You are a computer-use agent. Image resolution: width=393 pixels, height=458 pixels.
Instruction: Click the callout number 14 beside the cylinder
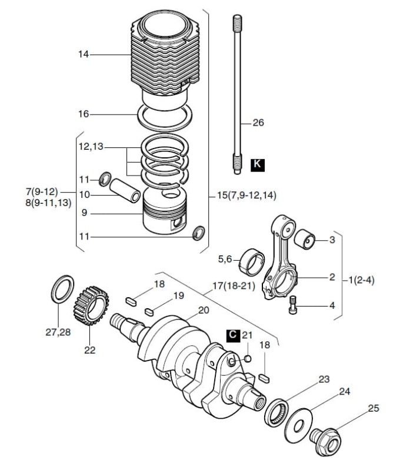coord(84,55)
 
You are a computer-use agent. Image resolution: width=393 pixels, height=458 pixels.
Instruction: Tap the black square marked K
coord(258,165)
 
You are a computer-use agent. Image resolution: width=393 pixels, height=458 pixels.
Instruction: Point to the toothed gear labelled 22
coord(91,306)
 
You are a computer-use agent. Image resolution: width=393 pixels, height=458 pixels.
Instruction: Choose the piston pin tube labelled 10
coord(125,190)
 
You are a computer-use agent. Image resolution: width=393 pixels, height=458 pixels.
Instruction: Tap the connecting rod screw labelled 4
coord(293,305)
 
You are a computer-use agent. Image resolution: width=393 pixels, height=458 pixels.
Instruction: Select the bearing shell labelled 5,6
coord(252,262)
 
